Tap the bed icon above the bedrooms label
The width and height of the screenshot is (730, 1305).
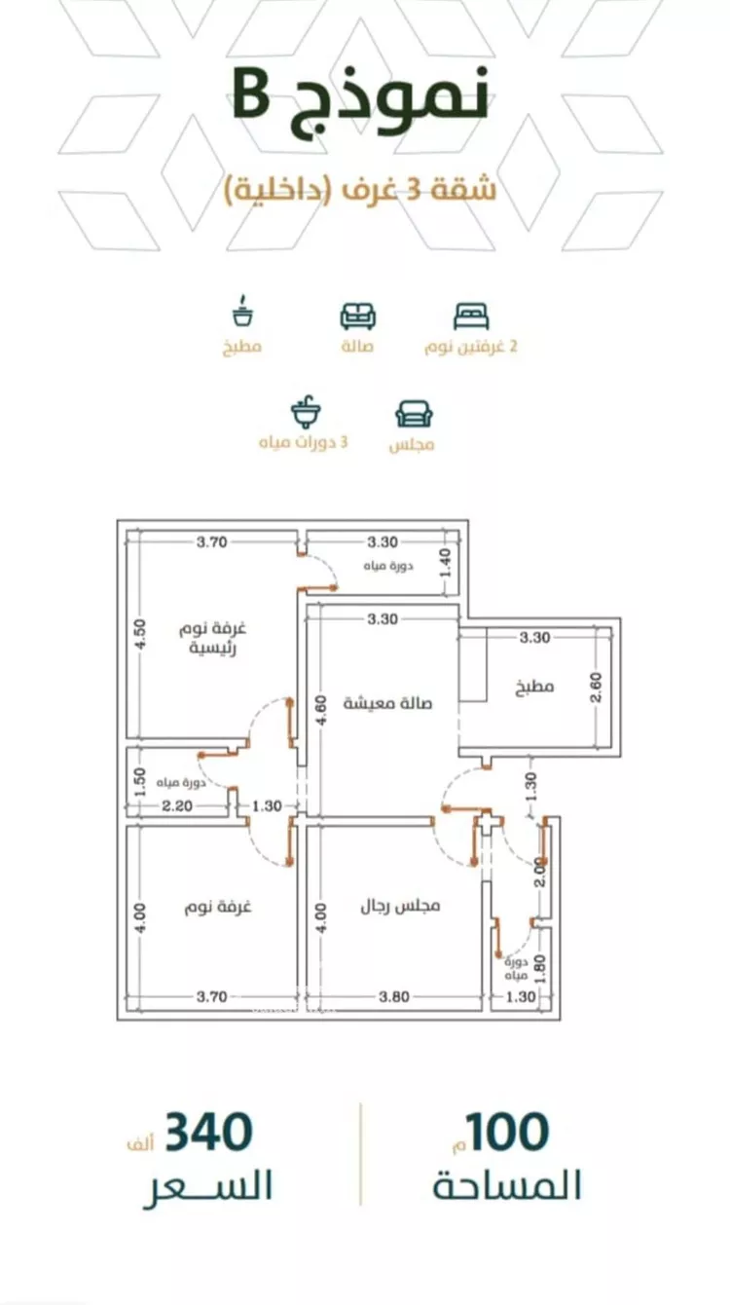click(471, 317)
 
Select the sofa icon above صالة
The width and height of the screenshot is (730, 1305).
click(357, 317)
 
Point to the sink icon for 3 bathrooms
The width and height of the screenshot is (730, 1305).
click(305, 412)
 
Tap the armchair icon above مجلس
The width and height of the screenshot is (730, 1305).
click(415, 414)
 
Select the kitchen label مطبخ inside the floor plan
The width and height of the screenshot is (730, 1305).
click(534, 686)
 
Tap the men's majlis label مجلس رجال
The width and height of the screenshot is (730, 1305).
click(401, 906)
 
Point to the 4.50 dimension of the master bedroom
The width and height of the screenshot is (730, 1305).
click(141, 634)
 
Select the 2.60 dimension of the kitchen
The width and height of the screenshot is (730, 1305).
click(597, 687)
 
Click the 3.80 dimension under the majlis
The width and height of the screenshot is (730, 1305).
click(394, 996)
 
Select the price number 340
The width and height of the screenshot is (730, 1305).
click(208, 1132)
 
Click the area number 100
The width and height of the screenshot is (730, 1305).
click(507, 1132)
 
